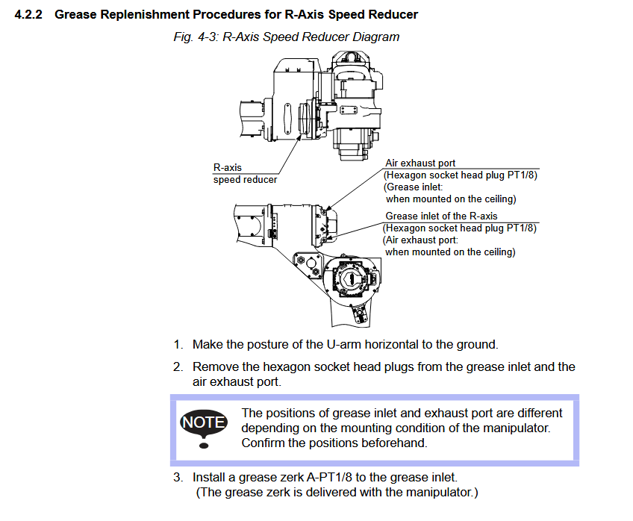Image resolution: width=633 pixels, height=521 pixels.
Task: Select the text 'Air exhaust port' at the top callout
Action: pyautogui.click(x=420, y=163)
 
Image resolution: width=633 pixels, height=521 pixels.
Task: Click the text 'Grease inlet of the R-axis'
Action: pyautogui.click(x=441, y=216)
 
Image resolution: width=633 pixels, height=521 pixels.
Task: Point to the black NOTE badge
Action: pyautogui.click(x=204, y=422)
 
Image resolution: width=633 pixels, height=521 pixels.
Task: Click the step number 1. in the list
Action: pyautogui.click(x=178, y=344)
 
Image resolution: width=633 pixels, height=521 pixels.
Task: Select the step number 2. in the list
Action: pyautogui.click(x=178, y=366)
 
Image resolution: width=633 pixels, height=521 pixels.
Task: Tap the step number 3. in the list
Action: pyautogui.click(x=178, y=476)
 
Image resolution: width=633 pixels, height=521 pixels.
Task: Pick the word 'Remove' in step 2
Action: pyautogui.click(x=214, y=366)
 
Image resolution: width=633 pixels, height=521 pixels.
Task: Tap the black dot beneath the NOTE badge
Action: pyautogui.click(x=204, y=446)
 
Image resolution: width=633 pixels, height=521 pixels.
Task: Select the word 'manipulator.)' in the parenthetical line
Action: pyautogui.click(x=440, y=492)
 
